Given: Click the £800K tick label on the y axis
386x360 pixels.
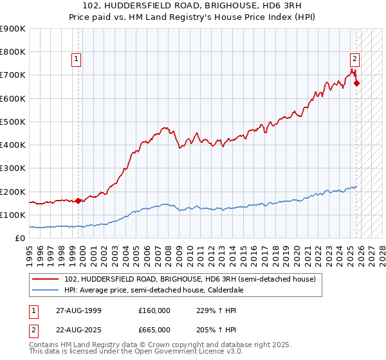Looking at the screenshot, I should pyautogui.click(x=13, y=52).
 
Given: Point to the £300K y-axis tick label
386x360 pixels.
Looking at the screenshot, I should pyautogui.click(x=13, y=168).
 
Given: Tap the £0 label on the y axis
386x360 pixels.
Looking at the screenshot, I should pyautogui.click(x=20, y=239).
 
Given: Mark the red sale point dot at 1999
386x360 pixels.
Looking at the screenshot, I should pyautogui.click(x=78, y=201).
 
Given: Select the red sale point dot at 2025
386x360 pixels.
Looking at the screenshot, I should pyautogui.click(x=356, y=83).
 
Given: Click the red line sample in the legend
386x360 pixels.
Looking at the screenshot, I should pyautogui.click(x=46, y=280).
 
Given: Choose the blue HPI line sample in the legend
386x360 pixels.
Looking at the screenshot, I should pyautogui.click(x=46, y=291).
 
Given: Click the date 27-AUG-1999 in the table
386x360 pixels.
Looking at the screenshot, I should pyautogui.click(x=73, y=310).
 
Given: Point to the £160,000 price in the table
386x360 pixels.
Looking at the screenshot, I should pyautogui.click(x=154, y=310).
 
